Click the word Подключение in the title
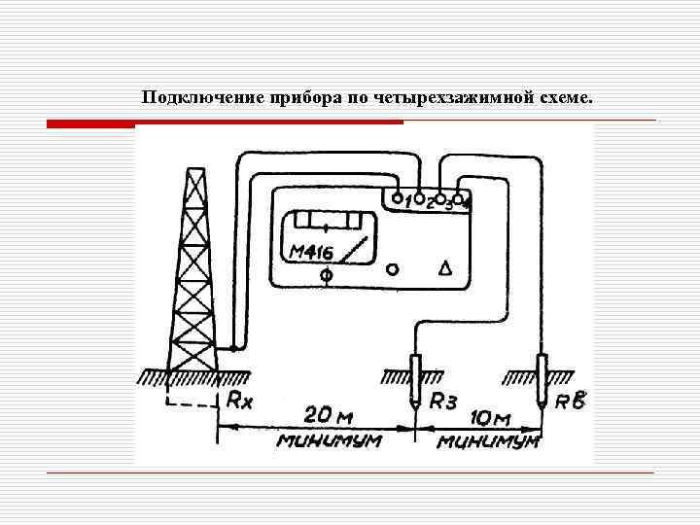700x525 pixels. (x=187, y=99)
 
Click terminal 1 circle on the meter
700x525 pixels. (x=398, y=197)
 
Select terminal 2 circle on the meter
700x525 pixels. (x=419, y=197)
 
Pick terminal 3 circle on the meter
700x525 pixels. (x=439, y=197)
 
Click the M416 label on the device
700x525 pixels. (x=311, y=253)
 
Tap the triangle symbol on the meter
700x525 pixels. (x=445, y=268)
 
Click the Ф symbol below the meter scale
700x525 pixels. (x=327, y=278)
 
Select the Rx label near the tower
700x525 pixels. (x=239, y=399)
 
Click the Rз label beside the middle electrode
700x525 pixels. (x=443, y=400)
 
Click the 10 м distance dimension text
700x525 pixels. (x=490, y=418)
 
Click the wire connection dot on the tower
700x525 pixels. (x=233, y=347)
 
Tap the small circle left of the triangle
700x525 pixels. (x=392, y=268)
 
